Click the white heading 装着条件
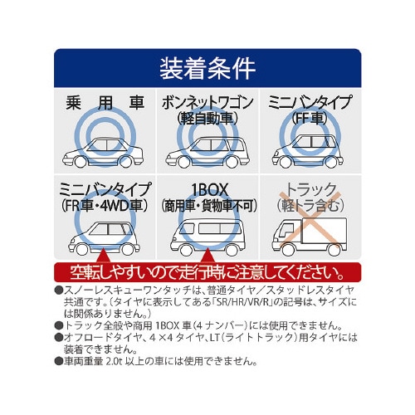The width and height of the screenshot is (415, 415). [x=207, y=68]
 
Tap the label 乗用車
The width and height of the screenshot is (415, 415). [x=105, y=103]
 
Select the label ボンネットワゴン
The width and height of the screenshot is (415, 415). [x=207, y=102]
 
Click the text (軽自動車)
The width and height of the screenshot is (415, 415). [x=207, y=119]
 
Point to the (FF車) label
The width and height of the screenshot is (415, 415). [x=310, y=118]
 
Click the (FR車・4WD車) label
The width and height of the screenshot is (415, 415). [x=105, y=206]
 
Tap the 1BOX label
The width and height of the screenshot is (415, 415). [x=210, y=190]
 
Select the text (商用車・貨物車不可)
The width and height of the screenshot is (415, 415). [x=208, y=206]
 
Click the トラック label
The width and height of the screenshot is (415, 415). [x=310, y=189]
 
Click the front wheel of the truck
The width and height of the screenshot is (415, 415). [x=289, y=250]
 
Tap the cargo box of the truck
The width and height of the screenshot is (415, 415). [x=325, y=231]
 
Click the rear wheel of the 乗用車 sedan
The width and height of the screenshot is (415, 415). [x=125, y=162]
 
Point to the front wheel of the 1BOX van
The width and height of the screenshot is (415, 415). [x=186, y=250]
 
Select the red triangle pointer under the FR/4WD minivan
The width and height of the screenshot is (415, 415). [x=103, y=255]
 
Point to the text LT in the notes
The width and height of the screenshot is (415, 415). [x=215, y=337]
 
